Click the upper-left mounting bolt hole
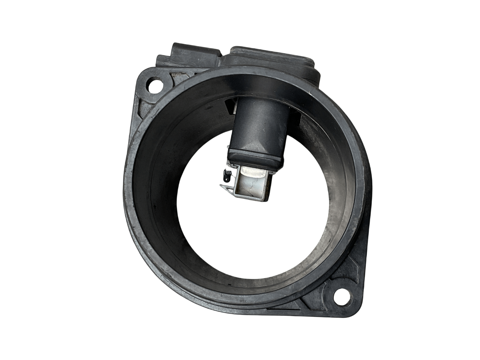click(153, 84)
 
